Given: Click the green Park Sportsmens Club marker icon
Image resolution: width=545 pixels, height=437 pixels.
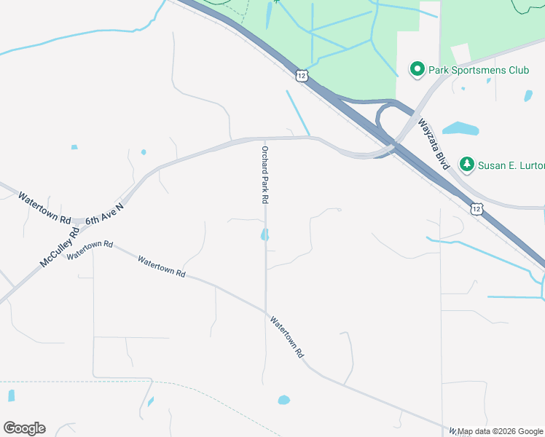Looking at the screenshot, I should pyautogui.click(x=417, y=70).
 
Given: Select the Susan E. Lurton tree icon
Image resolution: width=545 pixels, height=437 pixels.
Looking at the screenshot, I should pyautogui.click(x=467, y=165).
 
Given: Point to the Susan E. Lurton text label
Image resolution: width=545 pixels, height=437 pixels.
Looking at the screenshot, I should pyautogui.click(x=511, y=165).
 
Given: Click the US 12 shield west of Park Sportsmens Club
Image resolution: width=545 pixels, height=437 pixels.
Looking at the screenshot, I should pyautogui.click(x=302, y=75).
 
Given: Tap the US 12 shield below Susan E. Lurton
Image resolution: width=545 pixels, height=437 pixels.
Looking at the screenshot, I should pyautogui.click(x=477, y=209).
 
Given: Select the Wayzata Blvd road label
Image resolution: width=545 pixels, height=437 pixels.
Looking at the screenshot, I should pyautogui.click(x=434, y=144).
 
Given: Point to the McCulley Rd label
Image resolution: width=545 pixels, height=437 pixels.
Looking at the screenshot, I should pyautogui.click(x=59, y=248).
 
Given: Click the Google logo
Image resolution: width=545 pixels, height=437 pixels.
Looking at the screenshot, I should pyautogui.click(x=24, y=428).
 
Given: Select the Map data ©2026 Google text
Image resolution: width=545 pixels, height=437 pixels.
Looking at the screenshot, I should pyautogui.click(x=501, y=431).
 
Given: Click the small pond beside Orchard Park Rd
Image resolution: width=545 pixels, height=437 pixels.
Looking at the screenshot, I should pyautogui.click(x=264, y=235).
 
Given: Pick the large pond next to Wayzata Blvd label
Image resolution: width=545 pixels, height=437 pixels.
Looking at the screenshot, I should pyautogui.click(x=460, y=130).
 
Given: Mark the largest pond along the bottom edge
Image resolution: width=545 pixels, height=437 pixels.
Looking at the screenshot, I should pyautogui.click(x=283, y=400).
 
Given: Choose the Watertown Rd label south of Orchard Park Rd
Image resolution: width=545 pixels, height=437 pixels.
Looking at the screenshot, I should pyautogui.click(x=286, y=336).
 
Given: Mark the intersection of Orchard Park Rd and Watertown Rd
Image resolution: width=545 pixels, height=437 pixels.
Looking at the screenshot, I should pyautogui.click(x=266, y=309).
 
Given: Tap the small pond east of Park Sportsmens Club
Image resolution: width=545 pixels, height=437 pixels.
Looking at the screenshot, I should pyautogui.click(x=528, y=95).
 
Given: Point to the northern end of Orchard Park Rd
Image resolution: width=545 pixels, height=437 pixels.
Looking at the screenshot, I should pyautogui.click(x=264, y=138).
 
